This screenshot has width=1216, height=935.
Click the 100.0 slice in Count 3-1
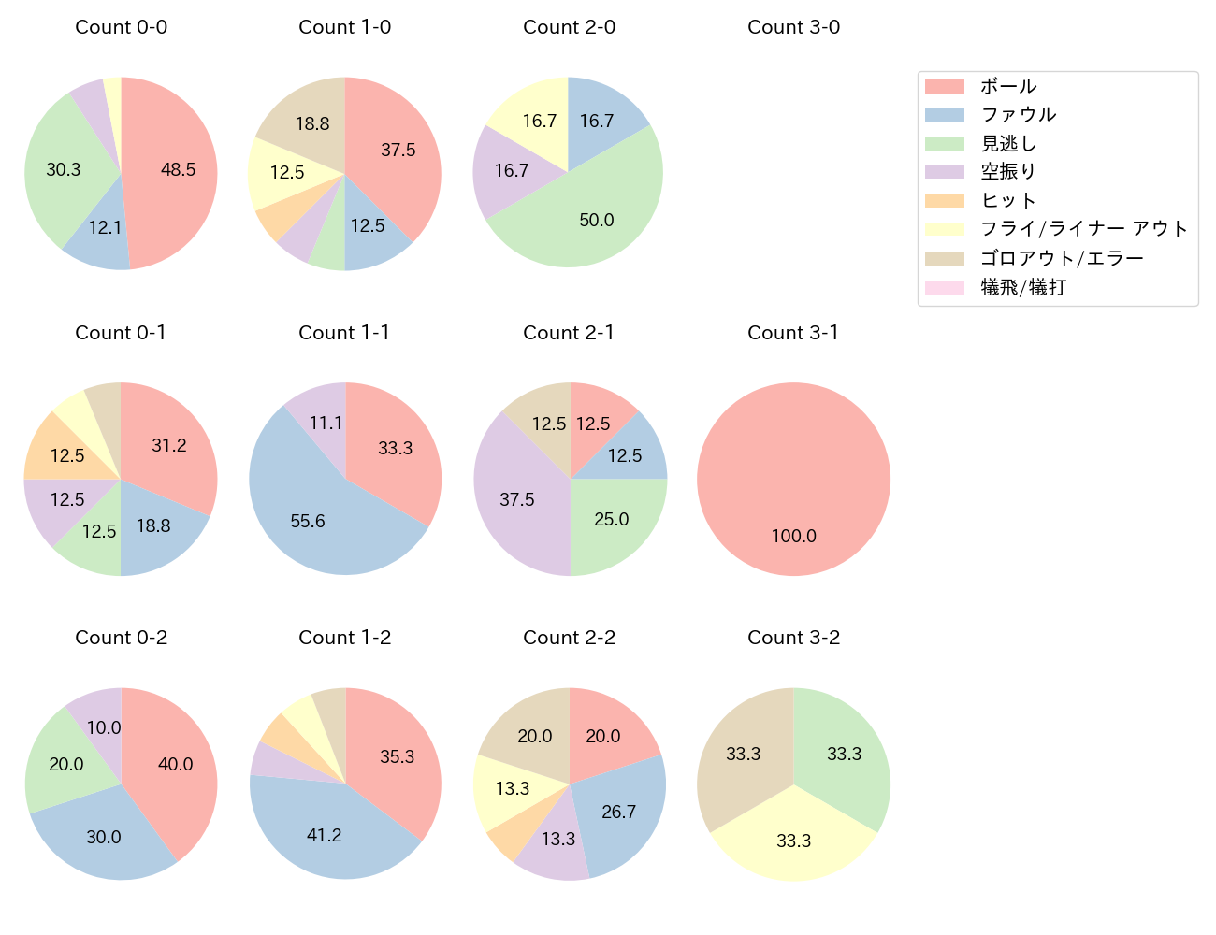click(793, 479)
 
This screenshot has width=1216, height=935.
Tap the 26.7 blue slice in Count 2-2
click(617, 812)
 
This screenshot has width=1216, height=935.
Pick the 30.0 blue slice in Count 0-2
click(104, 834)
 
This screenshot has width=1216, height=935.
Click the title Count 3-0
click(793, 27)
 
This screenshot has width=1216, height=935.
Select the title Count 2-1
click(569, 333)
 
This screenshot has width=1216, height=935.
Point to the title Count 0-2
click(121, 638)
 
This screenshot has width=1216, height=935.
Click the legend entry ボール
click(1008, 86)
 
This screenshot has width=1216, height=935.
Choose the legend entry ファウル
click(1018, 114)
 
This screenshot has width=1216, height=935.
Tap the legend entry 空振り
click(1008, 171)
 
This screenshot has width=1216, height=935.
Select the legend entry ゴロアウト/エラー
click(1062, 258)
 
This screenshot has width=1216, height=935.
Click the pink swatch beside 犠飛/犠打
click(944, 287)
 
